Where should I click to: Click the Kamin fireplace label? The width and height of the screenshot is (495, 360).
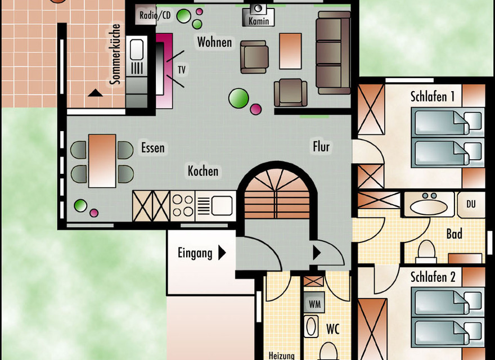tap(259, 21)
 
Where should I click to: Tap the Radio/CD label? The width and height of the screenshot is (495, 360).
tap(155, 15)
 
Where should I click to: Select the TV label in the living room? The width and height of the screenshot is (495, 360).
tap(181, 70)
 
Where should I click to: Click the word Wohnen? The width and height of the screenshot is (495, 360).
tap(214, 42)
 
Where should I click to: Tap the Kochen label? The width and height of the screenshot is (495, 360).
tap(203, 170)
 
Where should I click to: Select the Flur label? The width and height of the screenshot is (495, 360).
tap(321, 147)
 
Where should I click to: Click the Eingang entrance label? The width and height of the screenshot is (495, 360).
tap(195, 253)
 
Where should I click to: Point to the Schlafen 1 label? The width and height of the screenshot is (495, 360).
tap(433, 97)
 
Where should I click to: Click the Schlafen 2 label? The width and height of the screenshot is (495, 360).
tap(433, 277)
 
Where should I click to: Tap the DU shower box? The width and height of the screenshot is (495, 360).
tap(471, 204)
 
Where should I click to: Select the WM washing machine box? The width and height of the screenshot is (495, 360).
tap(314, 304)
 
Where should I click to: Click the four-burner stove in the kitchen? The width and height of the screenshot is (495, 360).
tap(182, 206)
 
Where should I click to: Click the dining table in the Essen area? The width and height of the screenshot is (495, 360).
tap(102, 160)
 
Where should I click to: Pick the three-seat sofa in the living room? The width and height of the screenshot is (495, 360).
tap(333, 52)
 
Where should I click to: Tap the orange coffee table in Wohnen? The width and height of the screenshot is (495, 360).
tap(290, 51)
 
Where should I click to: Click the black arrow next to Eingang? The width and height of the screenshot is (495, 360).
tap(222, 253)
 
